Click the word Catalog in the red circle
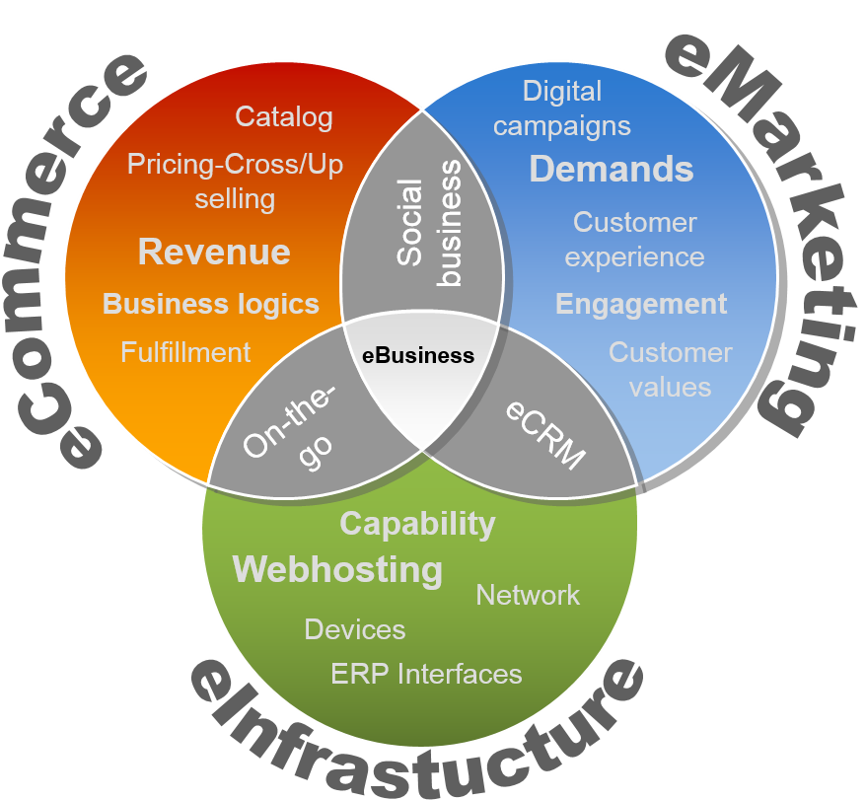tap(284, 117)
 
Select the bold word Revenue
tap(214, 252)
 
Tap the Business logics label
tap(211, 305)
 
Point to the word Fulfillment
tap(185, 352)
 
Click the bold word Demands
tap(612, 169)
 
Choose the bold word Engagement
tap(641, 305)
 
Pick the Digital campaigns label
tap(561, 109)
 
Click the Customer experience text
tap(634, 240)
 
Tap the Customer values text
tap(671, 370)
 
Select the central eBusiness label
tap(418, 356)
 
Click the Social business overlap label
tap(429, 223)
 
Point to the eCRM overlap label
tap(545, 435)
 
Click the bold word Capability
tap(417, 524)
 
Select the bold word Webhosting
tap(337, 569)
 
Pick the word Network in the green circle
tap(528, 596)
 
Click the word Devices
tap(355, 629)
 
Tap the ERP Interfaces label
tap(426, 674)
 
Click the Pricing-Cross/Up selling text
tap(236, 182)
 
